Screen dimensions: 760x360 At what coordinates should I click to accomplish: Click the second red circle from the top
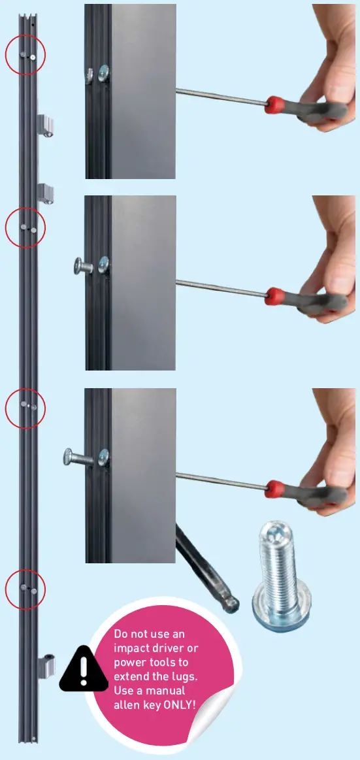click(x=25, y=228)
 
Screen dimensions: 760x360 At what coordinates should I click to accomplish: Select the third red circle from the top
click(x=25, y=408)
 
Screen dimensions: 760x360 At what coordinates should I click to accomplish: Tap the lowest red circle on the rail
click(x=25, y=589)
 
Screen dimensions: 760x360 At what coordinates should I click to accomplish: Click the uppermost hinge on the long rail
click(x=46, y=125)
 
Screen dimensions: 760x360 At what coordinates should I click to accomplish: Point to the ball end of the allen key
click(x=230, y=604)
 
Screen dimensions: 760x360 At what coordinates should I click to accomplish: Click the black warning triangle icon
click(x=83, y=669)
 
